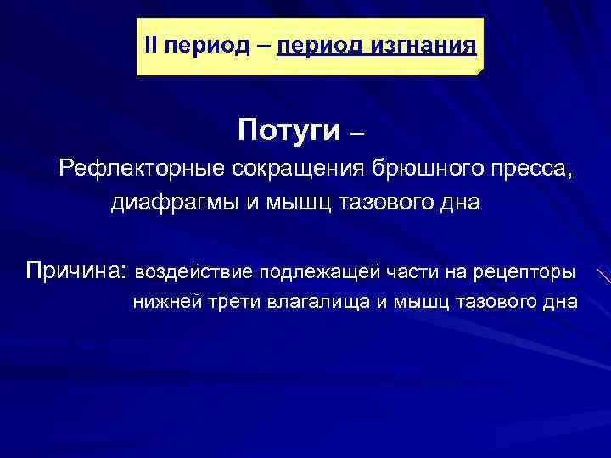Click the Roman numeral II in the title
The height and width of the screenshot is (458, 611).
click(x=151, y=44)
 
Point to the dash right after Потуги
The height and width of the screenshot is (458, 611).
click(x=357, y=132)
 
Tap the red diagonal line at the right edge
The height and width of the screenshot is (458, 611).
click(x=603, y=276)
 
